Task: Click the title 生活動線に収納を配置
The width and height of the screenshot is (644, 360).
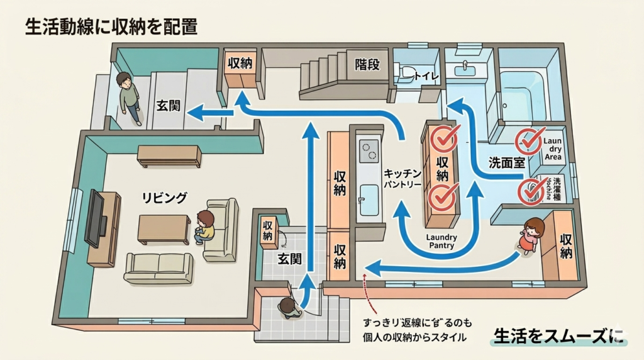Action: pyautogui.click(x=112, y=26)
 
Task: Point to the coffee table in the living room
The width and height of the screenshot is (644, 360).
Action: pyautogui.click(x=164, y=228)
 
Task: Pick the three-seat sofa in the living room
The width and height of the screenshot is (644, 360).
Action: pyautogui.click(x=158, y=267)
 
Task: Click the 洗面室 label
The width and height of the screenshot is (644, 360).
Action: pyautogui.click(x=506, y=162)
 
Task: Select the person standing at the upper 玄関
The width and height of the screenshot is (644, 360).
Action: pyautogui.click(x=130, y=98)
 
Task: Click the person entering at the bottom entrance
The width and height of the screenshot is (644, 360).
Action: pyautogui.click(x=289, y=308)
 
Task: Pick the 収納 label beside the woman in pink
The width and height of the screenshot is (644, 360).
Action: pyautogui.click(x=565, y=247)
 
